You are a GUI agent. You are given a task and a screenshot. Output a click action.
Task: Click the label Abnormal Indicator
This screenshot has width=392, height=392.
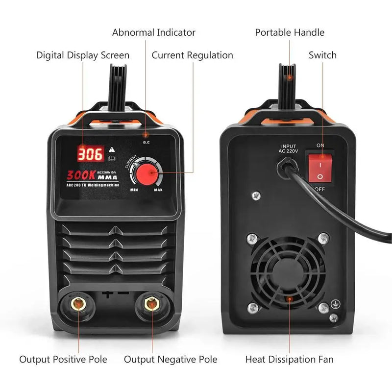[x=154, y=33]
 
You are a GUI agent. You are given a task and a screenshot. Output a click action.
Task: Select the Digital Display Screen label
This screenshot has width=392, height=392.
[x=83, y=55]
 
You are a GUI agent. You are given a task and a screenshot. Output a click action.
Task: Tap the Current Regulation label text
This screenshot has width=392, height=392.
[x=192, y=55]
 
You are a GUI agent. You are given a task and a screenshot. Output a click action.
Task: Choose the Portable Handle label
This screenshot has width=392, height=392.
[x=290, y=33]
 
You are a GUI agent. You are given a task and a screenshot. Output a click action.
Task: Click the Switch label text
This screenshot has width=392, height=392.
[x=322, y=55]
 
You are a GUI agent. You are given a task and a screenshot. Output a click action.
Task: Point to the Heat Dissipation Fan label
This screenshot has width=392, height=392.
[x=289, y=360]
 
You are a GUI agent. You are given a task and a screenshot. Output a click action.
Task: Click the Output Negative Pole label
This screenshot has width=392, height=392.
[x=171, y=360]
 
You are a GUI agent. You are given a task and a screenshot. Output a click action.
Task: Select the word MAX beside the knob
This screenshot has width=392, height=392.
[x=158, y=190]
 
